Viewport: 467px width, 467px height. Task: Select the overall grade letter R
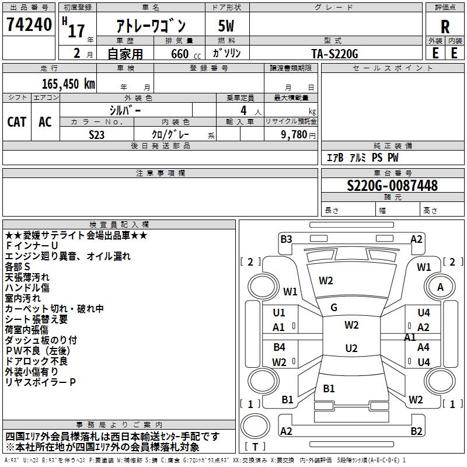point(445,27)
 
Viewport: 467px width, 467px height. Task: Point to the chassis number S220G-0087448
point(392,186)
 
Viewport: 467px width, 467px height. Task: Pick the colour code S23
point(97,134)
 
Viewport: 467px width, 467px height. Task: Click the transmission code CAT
point(16,121)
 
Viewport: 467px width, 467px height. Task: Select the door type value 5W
point(226,27)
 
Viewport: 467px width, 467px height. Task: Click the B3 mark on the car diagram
point(286,239)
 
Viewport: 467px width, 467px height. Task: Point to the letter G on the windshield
point(334,308)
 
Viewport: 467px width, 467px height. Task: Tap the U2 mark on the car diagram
point(351,348)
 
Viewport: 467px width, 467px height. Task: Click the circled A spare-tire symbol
point(441,287)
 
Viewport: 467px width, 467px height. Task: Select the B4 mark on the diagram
point(280,347)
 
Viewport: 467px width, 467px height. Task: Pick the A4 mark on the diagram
point(423,347)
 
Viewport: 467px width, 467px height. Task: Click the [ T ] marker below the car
point(255,447)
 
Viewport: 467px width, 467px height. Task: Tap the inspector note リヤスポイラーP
point(40,382)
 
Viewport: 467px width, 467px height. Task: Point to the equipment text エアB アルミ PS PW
point(363,158)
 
